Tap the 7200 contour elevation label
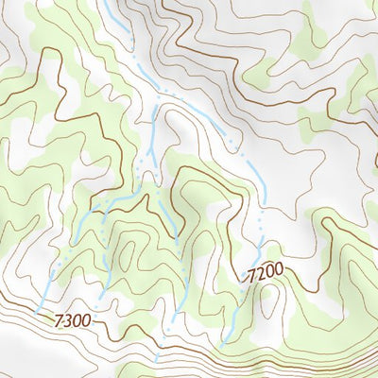click(x=265, y=274)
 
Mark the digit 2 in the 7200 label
click(x=260, y=275)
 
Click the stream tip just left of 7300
click(x=35, y=311)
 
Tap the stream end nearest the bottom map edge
click(x=157, y=360)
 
